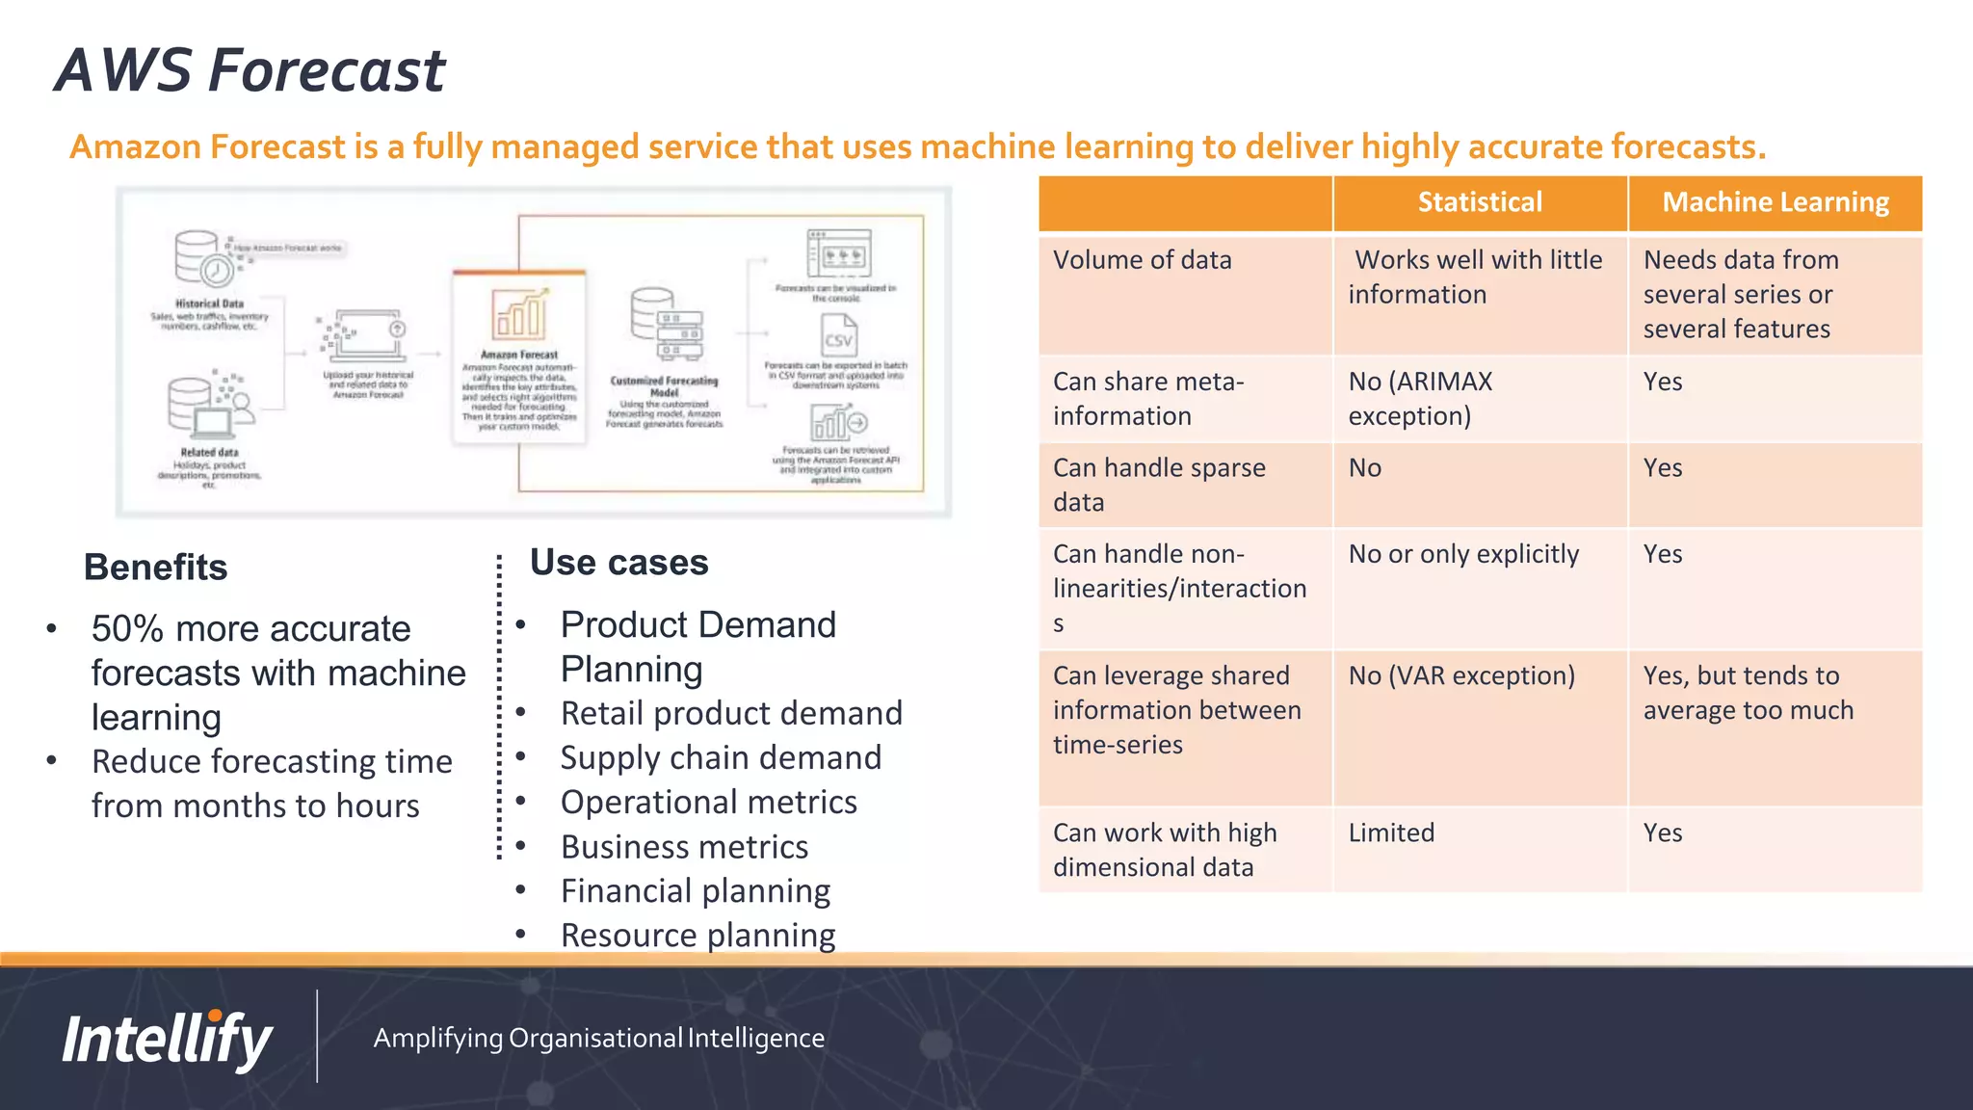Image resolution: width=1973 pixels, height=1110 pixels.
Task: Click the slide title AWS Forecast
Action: click(x=250, y=70)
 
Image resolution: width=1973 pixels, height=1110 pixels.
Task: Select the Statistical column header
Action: click(x=1480, y=202)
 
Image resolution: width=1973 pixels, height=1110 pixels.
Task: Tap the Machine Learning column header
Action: click(x=1775, y=202)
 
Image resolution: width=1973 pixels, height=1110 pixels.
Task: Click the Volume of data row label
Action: click(x=1142, y=260)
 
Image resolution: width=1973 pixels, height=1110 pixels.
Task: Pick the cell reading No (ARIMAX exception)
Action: click(x=1420, y=399)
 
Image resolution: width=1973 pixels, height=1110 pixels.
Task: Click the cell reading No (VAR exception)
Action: click(x=1460, y=675)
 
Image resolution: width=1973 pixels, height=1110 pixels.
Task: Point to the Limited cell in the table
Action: click(x=1391, y=832)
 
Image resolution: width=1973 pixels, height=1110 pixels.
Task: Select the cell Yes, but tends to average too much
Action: click(x=1748, y=693)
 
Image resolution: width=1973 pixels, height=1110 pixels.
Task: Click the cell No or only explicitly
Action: click(x=1462, y=554)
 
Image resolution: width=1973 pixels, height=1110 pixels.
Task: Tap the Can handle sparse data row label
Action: click(x=1158, y=485)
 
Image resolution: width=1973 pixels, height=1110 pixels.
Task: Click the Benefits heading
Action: click(x=156, y=568)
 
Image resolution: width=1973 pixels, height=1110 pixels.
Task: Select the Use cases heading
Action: click(x=618, y=563)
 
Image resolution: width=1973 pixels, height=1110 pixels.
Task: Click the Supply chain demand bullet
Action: click(x=721, y=757)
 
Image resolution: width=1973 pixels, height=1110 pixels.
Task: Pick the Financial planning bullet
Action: click(x=695, y=890)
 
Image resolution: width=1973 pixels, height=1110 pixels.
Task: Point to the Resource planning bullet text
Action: click(x=697, y=935)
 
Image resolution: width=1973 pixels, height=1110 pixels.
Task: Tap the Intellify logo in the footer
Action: click(x=167, y=1039)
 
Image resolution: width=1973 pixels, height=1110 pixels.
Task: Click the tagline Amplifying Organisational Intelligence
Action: click(x=598, y=1038)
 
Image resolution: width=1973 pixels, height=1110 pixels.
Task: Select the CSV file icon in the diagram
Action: click(x=838, y=336)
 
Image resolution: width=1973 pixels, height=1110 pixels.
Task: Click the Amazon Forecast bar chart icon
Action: click(x=519, y=314)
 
